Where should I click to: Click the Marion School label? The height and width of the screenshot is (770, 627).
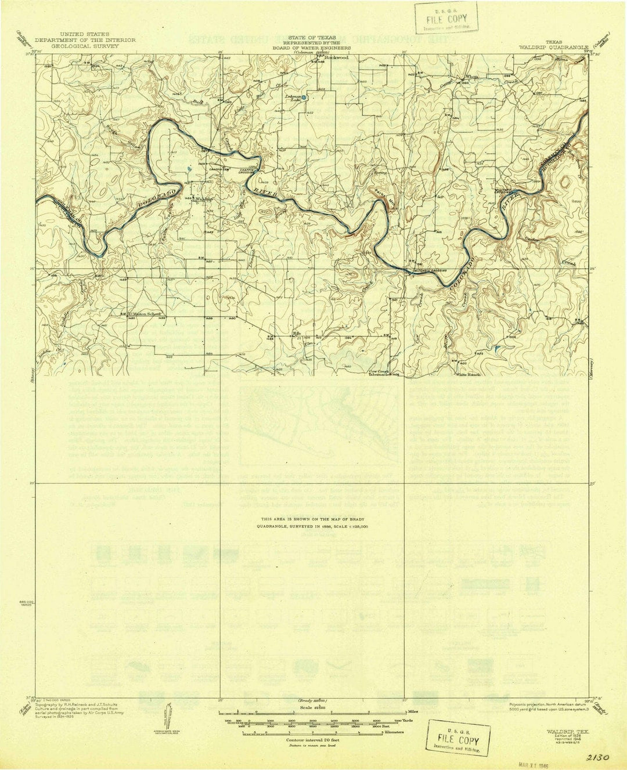click(x=147, y=317)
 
